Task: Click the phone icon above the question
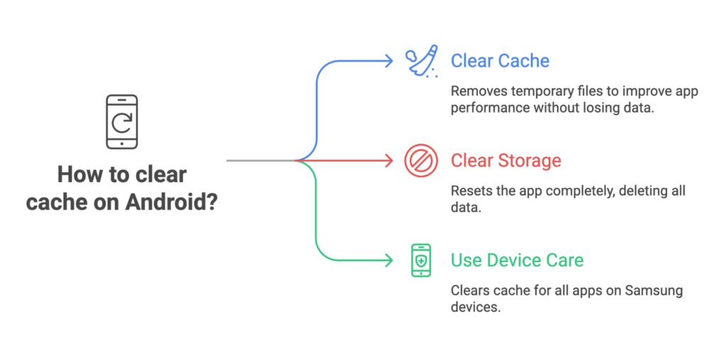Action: click(122, 122)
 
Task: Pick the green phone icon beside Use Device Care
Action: click(420, 260)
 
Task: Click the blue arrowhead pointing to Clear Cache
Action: click(389, 62)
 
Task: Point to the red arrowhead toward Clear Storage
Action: click(389, 161)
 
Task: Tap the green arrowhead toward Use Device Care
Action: click(389, 260)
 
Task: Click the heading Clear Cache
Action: click(500, 61)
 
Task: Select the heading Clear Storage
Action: click(506, 161)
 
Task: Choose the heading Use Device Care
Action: click(517, 260)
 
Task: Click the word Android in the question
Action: click(167, 201)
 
